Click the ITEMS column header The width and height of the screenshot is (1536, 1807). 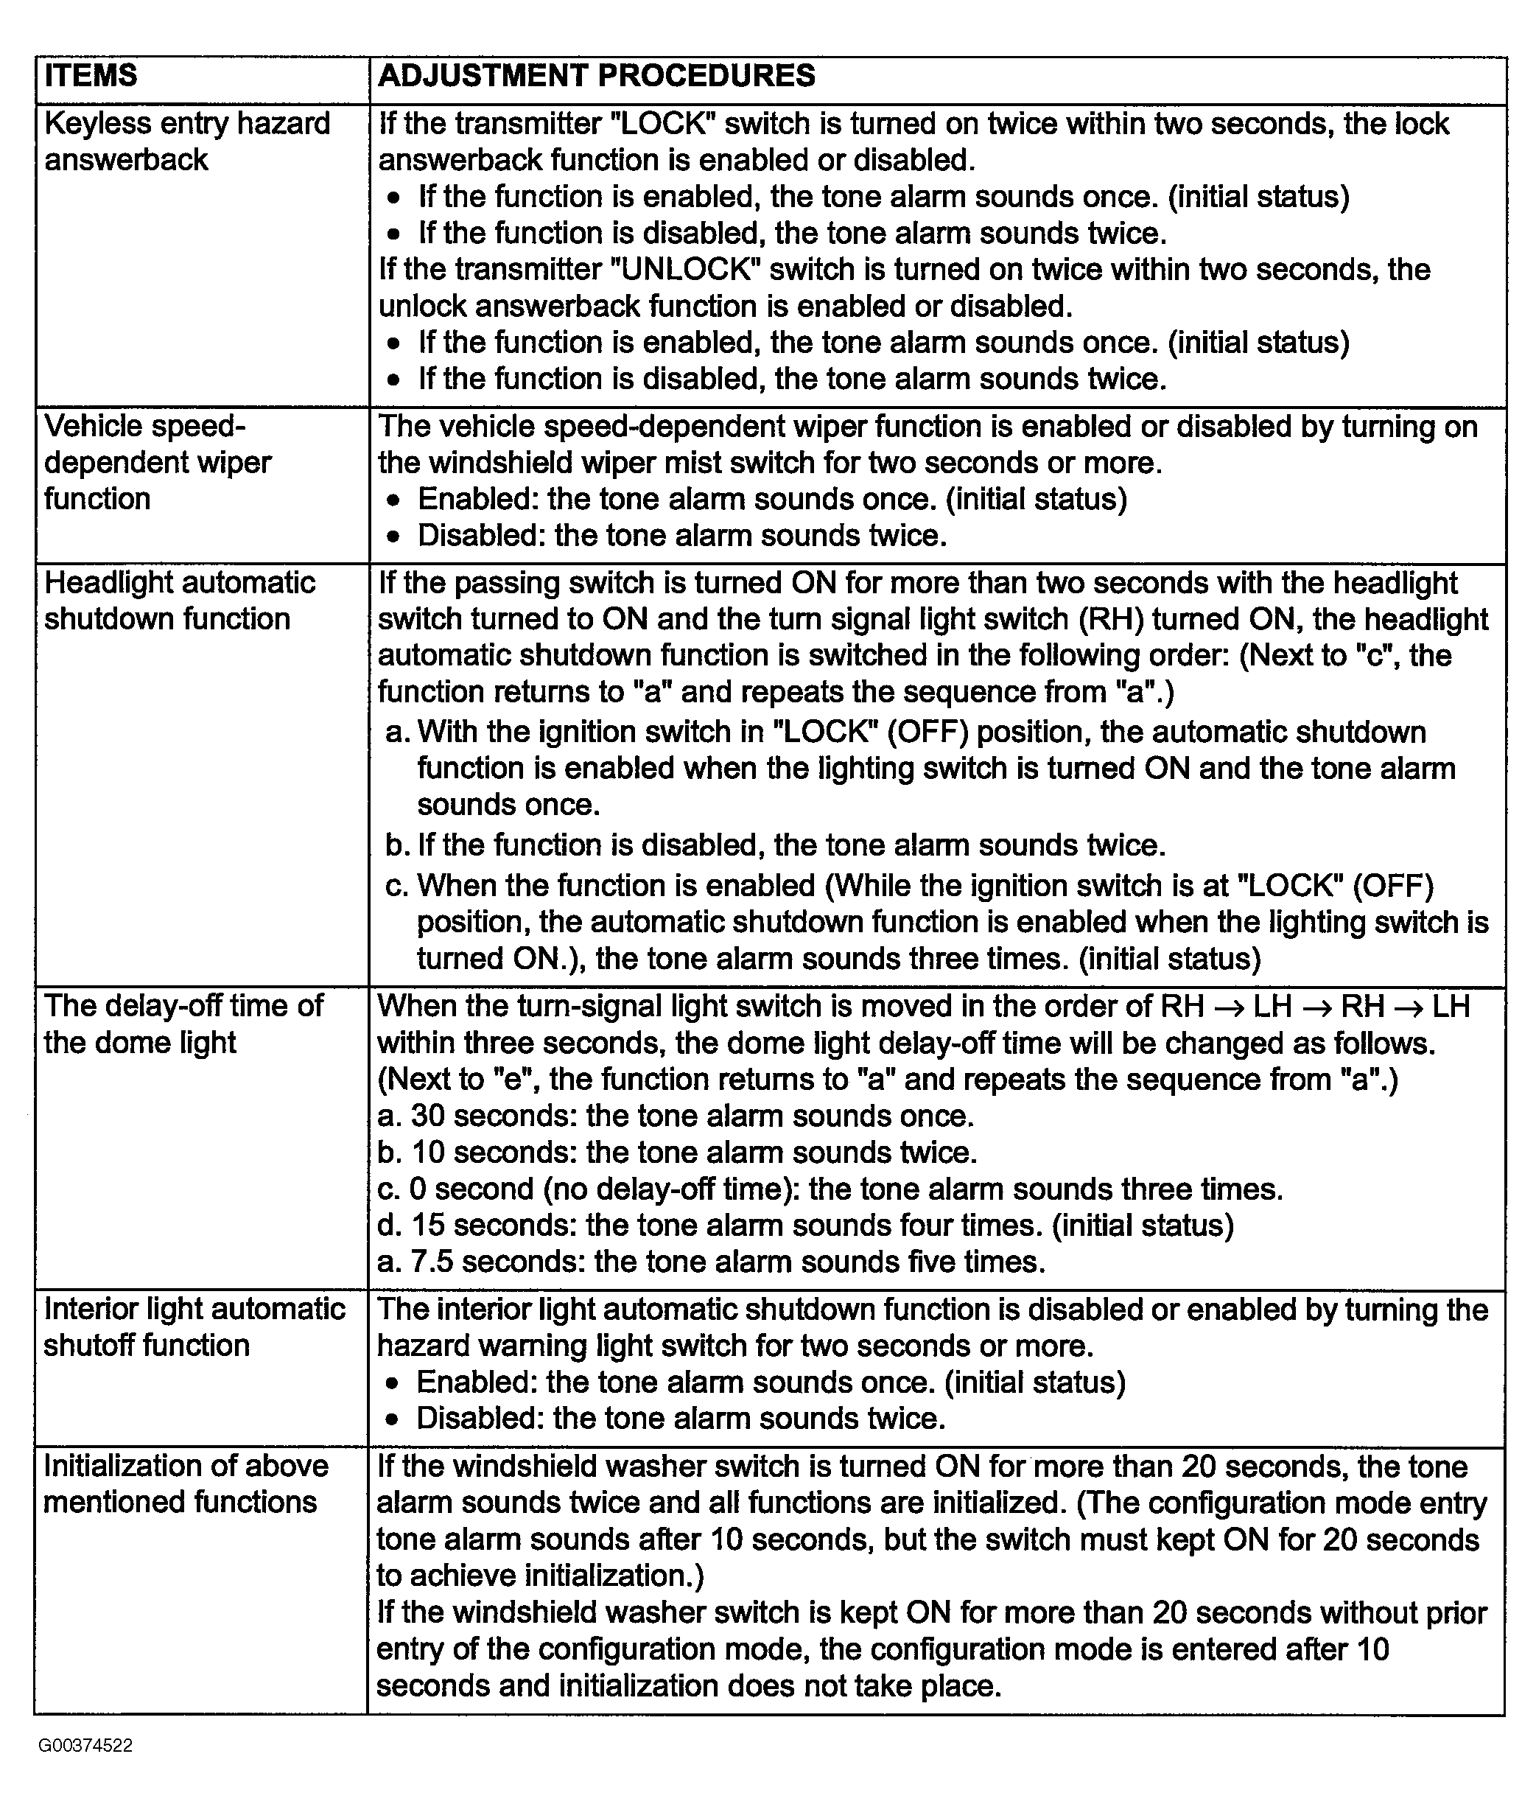(91, 76)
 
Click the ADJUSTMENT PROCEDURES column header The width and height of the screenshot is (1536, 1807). (597, 76)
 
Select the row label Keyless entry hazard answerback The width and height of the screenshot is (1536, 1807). (187, 141)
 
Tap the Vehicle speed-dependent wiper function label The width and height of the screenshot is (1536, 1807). (158, 462)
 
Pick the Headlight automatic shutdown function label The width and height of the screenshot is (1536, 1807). (179, 601)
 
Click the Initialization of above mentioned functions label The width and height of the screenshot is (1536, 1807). (186, 1484)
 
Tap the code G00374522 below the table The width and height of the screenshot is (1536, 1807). (85, 1745)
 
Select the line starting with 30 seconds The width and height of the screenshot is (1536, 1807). (676, 1116)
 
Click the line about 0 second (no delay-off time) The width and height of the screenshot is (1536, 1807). (830, 1189)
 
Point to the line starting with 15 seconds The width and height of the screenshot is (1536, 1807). (805, 1226)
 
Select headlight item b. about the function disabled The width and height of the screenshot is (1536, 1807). (775, 845)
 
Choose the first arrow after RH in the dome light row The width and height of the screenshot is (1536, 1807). (1229, 1007)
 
